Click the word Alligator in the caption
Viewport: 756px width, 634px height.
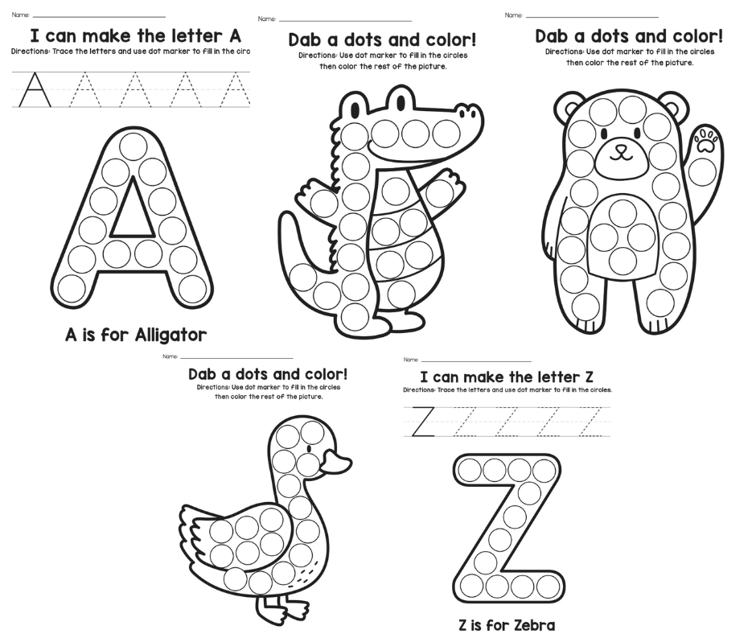point(171,335)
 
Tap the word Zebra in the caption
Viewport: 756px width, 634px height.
point(529,625)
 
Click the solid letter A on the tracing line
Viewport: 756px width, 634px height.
point(35,89)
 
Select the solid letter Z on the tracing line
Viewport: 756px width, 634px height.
point(423,422)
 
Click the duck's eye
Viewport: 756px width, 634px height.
point(309,449)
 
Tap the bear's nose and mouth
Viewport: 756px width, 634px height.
point(619,153)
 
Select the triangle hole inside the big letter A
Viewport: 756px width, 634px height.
point(131,207)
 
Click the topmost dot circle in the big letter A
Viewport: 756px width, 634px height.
point(133,146)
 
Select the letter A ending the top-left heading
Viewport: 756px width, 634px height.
point(232,36)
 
